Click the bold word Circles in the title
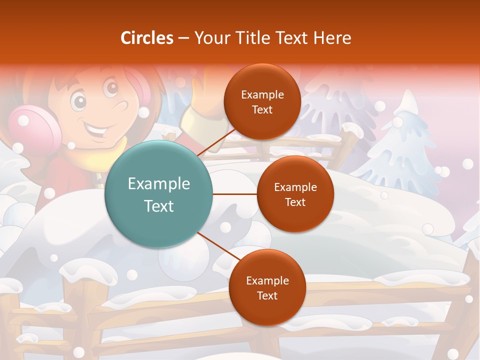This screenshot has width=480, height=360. click(x=147, y=38)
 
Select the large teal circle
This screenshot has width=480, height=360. click(x=158, y=194)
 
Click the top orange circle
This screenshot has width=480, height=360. click(x=262, y=101)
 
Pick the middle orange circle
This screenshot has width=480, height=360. click(x=295, y=194)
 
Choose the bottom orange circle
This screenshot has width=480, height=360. click(x=267, y=287)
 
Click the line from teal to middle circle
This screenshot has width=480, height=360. click(x=234, y=194)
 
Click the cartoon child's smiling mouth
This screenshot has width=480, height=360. click(x=97, y=130)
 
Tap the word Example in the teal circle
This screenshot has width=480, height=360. click(x=158, y=183)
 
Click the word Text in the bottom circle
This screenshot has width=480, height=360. click(x=267, y=295)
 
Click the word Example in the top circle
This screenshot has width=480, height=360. click(x=262, y=94)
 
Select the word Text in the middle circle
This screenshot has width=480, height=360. click(x=295, y=202)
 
